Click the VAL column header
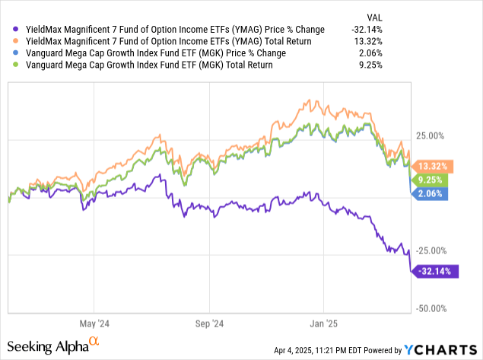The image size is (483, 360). (x=459, y=15)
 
